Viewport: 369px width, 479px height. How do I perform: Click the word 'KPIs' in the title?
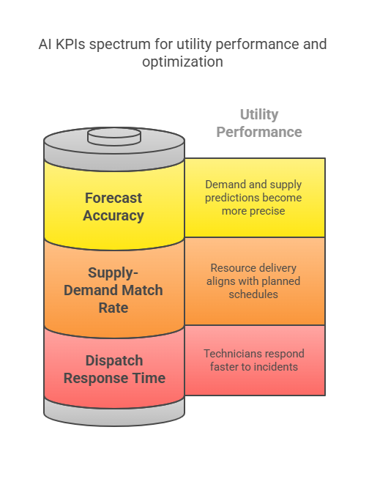point(70,44)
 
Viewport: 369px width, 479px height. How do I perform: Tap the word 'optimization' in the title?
point(182,62)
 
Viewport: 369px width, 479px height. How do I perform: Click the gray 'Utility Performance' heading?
point(259,124)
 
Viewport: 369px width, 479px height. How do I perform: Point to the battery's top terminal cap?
point(114,136)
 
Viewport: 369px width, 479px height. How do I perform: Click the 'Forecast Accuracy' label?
point(113,207)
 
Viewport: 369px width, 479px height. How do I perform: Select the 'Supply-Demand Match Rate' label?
point(113,290)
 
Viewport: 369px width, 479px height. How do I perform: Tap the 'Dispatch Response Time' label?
point(114,369)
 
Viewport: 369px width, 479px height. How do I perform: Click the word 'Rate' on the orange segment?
point(113,308)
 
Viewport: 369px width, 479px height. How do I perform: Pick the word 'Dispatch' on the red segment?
point(114,361)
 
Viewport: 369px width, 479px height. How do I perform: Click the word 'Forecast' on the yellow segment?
point(113,198)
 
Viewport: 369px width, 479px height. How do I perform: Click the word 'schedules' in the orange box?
point(253,294)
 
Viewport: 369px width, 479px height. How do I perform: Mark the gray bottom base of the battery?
point(114,413)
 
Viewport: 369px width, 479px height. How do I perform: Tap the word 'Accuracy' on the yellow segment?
point(113,215)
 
